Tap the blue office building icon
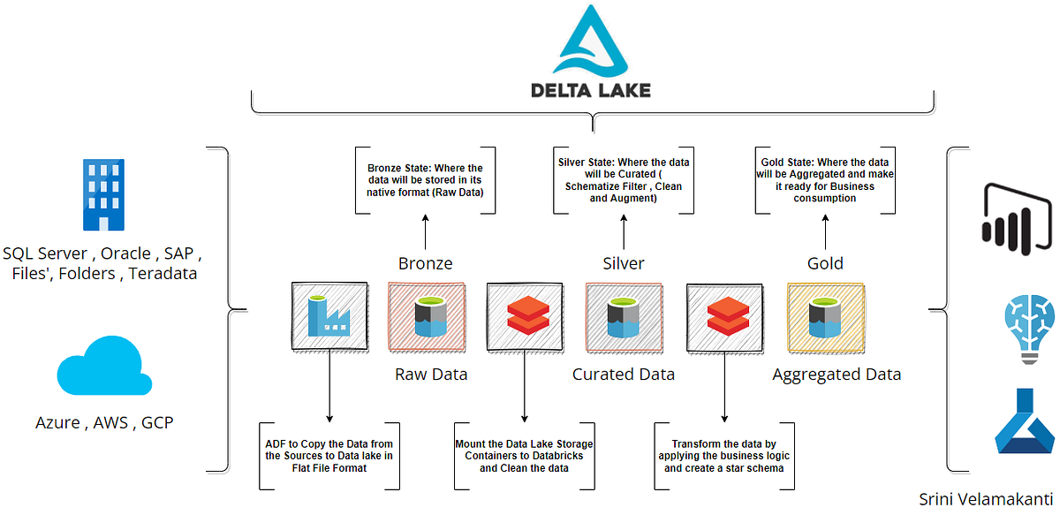[102, 195]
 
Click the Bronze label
[425, 263]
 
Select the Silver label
[624, 263]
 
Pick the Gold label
[825, 263]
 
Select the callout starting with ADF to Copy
[329, 455]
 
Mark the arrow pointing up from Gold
[825, 233]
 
